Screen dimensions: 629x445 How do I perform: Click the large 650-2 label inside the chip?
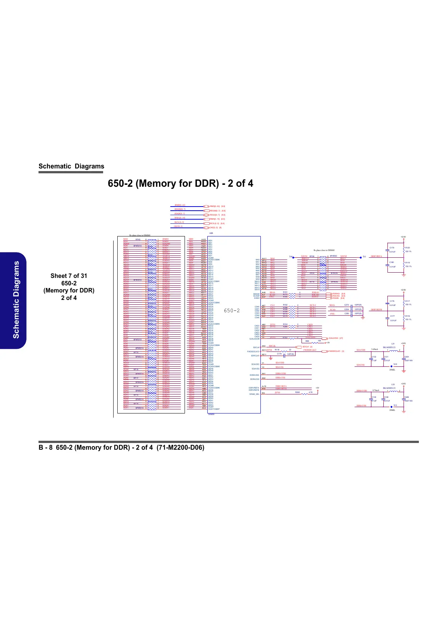click(x=232, y=310)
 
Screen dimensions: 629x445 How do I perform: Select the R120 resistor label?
click(x=408, y=248)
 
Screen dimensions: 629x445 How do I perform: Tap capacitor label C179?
click(x=392, y=248)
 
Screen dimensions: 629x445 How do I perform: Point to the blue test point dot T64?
click(x=294, y=257)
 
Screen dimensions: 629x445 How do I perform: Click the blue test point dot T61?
click(x=361, y=257)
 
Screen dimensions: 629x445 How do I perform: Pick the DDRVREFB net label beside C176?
click(x=376, y=310)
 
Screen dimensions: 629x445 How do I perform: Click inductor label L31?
click(x=393, y=344)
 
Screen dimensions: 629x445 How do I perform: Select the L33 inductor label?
click(x=393, y=384)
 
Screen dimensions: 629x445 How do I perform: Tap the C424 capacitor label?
click(x=407, y=357)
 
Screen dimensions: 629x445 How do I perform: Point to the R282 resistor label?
click(x=297, y=392)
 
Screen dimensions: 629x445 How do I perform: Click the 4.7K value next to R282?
click(x=310, y=392)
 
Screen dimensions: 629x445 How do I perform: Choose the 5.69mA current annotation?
click(x=375, y=350)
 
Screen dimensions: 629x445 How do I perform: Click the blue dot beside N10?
click(x=391, y=366)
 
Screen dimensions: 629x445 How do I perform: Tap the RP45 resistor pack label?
click(x=137, y=239)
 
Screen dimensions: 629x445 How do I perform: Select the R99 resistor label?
click(x=307, y=341)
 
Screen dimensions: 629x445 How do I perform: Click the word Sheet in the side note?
click(x=58, y=276)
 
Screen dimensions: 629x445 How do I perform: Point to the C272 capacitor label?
click(x=346, y=305)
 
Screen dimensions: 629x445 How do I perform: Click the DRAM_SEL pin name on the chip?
click(x=254, y=394)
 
